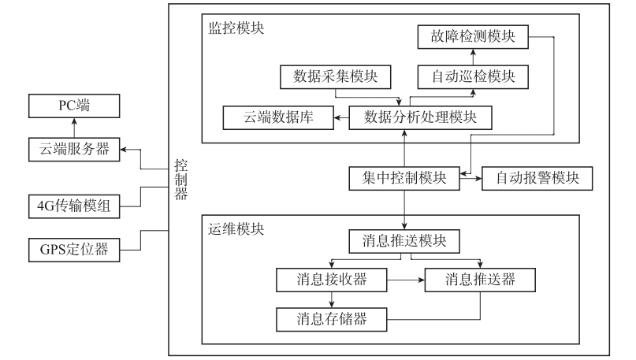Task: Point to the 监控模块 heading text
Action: (x=236, y=28)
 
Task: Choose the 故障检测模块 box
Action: (x=472, y=37)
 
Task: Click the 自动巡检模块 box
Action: (x=472, y=76)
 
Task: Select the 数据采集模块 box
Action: (x=335, y=76)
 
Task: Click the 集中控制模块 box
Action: (x=404, y=178)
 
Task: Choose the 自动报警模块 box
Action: (x=537, y=178)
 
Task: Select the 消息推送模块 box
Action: (x=404, y=241)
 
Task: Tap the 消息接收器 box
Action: (x=332, y=280)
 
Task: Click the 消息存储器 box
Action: (x=332, y=318)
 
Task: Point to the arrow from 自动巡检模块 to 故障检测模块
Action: (x=472, y=57)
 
